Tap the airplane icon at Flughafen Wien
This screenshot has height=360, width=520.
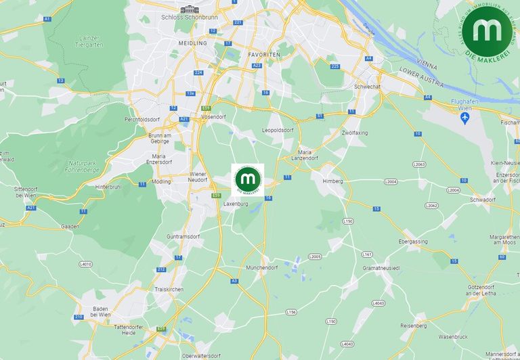click(464, 117)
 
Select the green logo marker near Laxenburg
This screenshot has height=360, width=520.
click(248, 180)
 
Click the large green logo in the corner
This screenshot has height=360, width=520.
click(492, 30)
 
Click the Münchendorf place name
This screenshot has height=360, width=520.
click(262, 267)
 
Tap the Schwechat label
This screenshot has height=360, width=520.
click(367, 87)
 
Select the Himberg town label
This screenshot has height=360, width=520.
click(332, 181)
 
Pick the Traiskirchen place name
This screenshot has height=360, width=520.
click(169, 289)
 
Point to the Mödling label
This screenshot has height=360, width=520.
click(162, 182)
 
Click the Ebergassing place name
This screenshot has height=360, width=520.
click(412, 241)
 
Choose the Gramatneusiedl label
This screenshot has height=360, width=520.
click(383, 268)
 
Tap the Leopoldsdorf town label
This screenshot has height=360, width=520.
click(278, 130)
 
